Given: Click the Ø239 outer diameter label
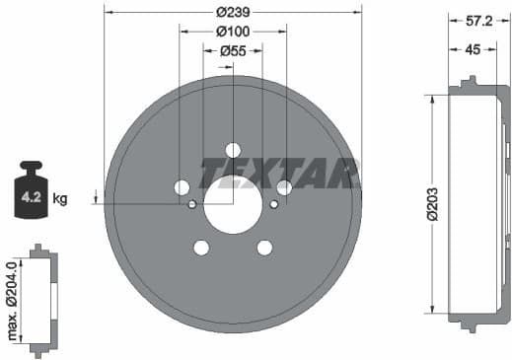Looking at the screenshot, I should tap(233, 13).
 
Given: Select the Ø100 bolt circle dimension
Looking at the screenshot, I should tap(233, 31).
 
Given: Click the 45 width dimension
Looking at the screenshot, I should tap(473, 49).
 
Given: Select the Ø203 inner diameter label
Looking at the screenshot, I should tap(431, 204).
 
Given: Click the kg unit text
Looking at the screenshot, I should tap(60, 199).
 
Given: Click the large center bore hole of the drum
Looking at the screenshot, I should tap(233, 204).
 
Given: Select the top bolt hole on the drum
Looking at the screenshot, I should tap(233, 150).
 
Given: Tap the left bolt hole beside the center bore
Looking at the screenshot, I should tap(182, 187).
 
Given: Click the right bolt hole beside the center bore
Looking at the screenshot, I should tap(284, 187).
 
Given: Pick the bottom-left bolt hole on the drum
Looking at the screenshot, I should tap(201, 248).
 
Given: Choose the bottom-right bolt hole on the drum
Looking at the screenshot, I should tap(264, 248).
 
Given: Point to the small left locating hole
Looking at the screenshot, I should tap(192, 204).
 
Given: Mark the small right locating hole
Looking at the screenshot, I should tap(273, 204).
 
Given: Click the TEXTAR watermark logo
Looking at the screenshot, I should tap(279, 173).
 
